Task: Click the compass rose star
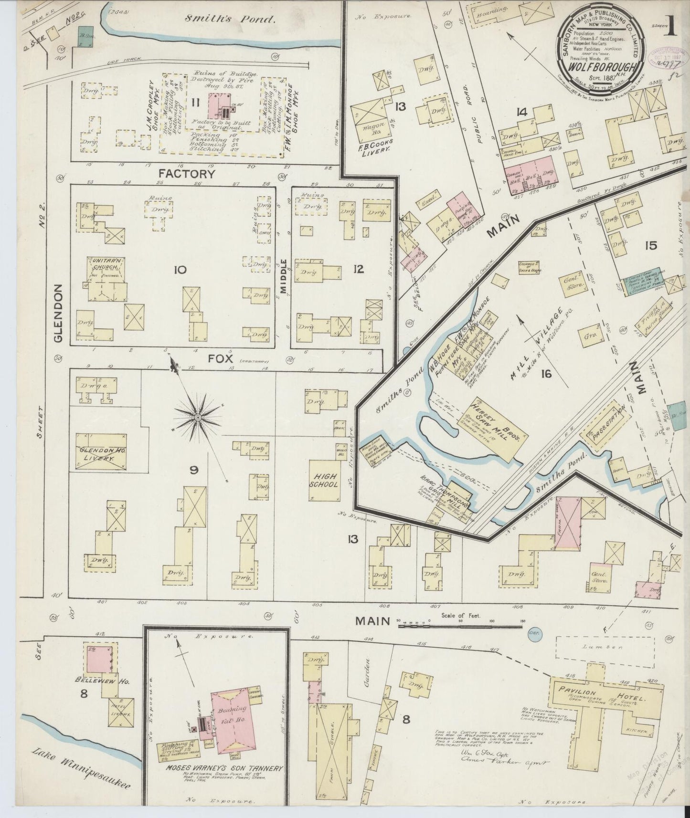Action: (x=198, y=418)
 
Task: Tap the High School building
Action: (x=326, y=480)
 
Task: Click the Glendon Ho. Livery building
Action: (x=101, y=451)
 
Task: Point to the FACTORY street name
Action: (x=187, y=174)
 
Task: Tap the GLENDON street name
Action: (x=58, y=313)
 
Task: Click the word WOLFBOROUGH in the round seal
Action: (x=601, y=65)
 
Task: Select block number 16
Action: (x=546, y=374)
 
